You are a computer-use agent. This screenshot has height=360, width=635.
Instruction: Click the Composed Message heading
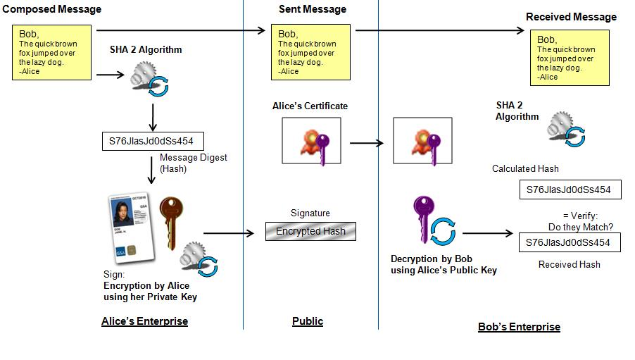coord(51,9)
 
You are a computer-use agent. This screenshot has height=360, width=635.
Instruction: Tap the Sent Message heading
coord(313,9)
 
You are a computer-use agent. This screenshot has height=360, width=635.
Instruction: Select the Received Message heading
coord(571,16)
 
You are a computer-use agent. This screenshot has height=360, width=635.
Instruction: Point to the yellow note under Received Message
coord(570,58)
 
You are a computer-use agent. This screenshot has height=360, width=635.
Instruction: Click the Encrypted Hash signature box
coord(310,232)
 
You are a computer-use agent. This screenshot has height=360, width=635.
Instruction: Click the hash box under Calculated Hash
coord(570,190)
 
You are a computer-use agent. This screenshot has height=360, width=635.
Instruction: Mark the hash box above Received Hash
coord(570,242)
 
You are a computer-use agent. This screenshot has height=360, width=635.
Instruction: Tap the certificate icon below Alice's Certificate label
coord(311,141)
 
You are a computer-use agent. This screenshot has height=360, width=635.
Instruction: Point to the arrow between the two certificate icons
coord(366,143)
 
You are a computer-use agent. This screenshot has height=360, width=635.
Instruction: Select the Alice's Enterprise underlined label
coord(144,321)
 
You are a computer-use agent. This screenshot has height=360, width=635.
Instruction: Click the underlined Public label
coord(308,321)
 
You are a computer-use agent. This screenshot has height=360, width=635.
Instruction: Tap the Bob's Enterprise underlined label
coord(519,327)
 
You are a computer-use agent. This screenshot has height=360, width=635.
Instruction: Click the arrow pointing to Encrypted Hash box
coord(229,232)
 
